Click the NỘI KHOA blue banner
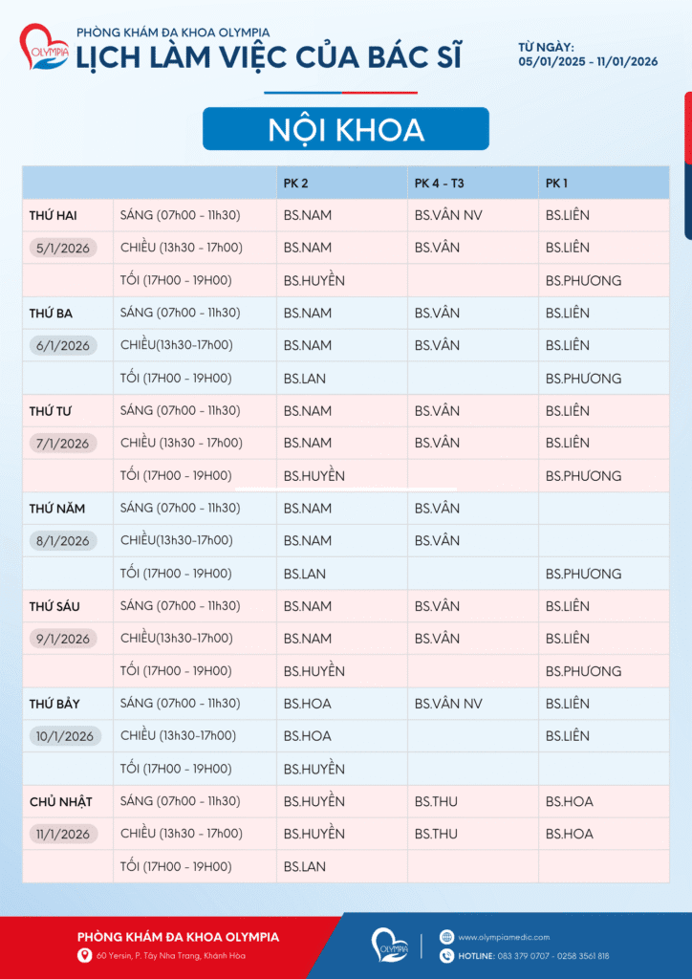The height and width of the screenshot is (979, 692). [x=345, y=129]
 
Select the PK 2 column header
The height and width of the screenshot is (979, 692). [x=296, y=183]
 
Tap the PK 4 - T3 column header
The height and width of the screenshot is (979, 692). [x=439, y=183]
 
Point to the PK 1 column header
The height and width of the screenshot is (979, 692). [x=557, y=183]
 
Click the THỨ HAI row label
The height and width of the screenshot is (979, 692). [x=53, y=215]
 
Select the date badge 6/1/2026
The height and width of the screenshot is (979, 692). [x=63, y=346]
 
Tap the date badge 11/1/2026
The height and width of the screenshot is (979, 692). [x=63, y=835]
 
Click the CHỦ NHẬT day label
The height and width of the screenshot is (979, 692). [x=60, y=801]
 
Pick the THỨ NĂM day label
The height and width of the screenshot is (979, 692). [x=56, y=509]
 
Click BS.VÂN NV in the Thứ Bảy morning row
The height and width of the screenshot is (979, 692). [x=448, y=704]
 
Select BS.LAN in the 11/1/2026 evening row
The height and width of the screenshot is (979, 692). [x=304, y=867]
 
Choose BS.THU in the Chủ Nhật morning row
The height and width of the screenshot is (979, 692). [x=436, y=801]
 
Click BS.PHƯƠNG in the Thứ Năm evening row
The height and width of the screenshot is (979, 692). [x=583, y=574]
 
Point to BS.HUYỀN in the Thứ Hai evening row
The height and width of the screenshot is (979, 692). [x=314, y=281]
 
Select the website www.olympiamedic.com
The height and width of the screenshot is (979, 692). [x=504, y=937]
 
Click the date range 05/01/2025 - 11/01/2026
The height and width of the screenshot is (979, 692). [x=588, y=61]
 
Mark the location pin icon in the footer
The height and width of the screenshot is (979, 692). [x=84, y=956]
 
